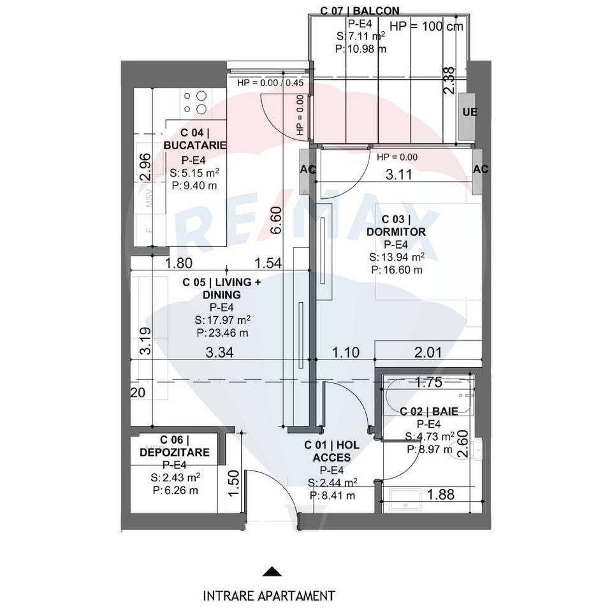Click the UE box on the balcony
[469, 112]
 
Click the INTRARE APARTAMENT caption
[268, 596]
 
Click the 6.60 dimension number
[276, 222]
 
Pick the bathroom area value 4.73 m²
[430, 437]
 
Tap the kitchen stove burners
[195, 103]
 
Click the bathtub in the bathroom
[427, 397]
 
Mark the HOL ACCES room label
[331, 451]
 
